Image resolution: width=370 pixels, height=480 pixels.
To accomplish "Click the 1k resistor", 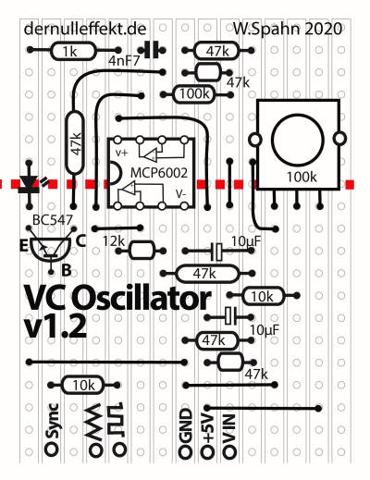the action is (x=73, y=52).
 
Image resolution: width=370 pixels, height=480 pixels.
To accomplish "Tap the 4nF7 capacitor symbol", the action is (x=152, y=50).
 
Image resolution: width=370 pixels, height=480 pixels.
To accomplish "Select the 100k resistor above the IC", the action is (x=194, y=94).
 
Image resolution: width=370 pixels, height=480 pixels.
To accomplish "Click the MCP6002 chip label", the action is (x=159, y=173).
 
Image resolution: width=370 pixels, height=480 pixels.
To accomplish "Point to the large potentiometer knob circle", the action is (x=297, y=140).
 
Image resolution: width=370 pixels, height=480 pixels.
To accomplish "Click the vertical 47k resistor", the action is (x=75, y=142).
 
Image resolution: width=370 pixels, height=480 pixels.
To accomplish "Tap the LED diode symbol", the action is (x=30, y=184).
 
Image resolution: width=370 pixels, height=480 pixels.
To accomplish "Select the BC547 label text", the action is (x=53, y=220).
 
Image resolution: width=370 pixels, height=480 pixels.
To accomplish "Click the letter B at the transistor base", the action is (x=67, y=270).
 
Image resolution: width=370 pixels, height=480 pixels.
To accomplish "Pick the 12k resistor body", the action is (x=142, y=251).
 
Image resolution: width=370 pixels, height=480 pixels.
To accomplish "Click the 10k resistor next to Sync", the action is (x=83, y=385).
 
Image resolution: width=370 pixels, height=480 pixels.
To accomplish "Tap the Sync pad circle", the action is (x=52, y=448).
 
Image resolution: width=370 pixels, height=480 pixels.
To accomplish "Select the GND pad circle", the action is (x=185, y=451).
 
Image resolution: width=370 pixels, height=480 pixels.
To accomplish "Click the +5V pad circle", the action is (x=207, y=451).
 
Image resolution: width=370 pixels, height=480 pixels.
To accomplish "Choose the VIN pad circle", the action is (x=229, y=451).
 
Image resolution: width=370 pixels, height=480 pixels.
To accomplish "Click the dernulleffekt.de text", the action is (x=85, y=29).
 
